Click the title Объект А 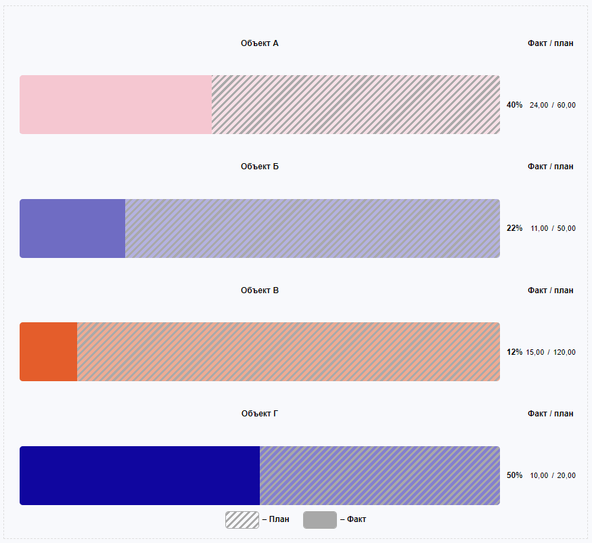click(x=260, y=43)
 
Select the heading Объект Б click(x=260, y=167)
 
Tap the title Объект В click(x=260, y=290)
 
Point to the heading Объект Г click(x=260, y=414)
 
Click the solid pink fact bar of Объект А click(x=116, y=104)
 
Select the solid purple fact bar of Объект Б click(x=72, y=228)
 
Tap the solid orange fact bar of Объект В click(x=49, y=351)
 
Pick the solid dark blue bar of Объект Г click(x=139, y=475)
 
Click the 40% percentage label click(x=514, y=105)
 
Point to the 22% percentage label click(x=514, y=228)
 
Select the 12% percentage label click(x=514, y=352)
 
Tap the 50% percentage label click(x=514, y=475)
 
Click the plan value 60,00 click(x=566, y=105)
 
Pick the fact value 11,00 click(x=539, y=228)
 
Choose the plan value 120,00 click(x=564, y=352)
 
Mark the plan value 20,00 click(x=566, y=475)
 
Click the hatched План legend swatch click(x=242, y=520)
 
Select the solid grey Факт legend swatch click(x=319, y=520)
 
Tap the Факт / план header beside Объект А click(x=550, y=43)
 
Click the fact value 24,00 click(x=539, y=105)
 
